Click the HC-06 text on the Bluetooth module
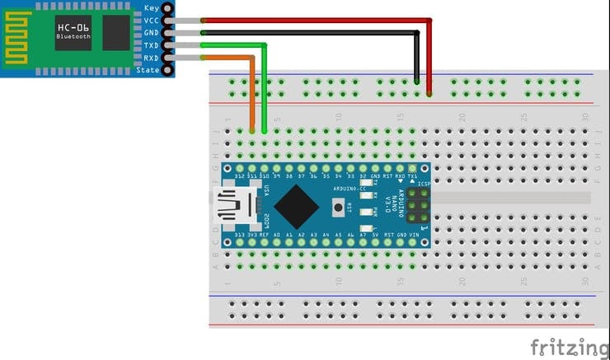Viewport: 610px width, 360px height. [74, 27]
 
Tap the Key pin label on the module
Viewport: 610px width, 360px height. [152, 7]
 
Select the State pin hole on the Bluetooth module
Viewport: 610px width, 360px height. [168, 70]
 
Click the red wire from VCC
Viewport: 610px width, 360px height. [313, 21]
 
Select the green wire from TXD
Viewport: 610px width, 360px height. [231, 45]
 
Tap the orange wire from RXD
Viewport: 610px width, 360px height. [223, 58]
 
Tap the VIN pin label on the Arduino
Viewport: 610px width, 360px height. [414, 235]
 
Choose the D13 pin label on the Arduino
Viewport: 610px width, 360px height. [239, 235]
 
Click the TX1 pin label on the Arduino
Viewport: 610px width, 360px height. [412, 175]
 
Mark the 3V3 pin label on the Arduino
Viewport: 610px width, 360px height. [251, 235]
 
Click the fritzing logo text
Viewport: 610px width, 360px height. [569, 347]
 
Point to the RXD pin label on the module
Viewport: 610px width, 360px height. [151, 58]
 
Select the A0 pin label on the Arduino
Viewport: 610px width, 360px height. [276, 235]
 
